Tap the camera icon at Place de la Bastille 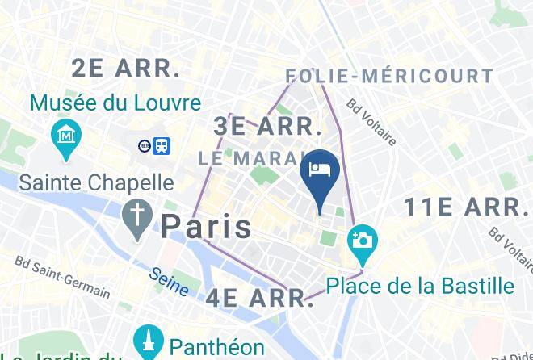(x=363, y=241)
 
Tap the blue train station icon (x=162, y=145)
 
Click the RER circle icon (x=144, y=146)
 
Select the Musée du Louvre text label (x=115, y=103)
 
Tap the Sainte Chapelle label (x=96, y=182)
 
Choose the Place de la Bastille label (x=420, y=286)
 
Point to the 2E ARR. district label (x=126, y=69)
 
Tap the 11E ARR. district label (x=465, y=207)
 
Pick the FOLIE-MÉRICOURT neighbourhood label (x=389, y=77)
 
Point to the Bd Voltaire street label (x=371, y=122)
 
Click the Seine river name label (x=169, y=281)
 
